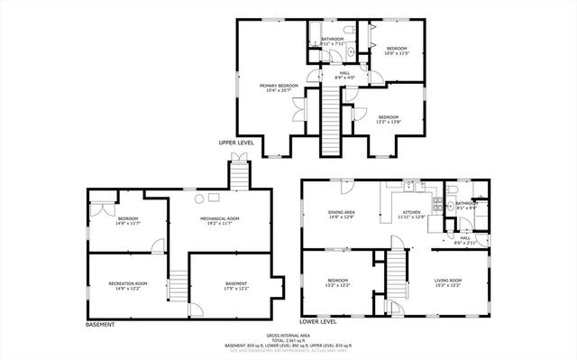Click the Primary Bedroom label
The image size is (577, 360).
(x=276, y=88)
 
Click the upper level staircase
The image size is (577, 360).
(x=331, y=123)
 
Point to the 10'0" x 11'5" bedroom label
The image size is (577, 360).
(x=398, y=51)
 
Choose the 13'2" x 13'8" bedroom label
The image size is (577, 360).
(x=389, y=119)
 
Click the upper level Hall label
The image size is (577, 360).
(x=344, y=76)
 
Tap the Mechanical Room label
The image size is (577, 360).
(x=219, y=219)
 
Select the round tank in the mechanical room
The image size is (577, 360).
(x=214, y=196)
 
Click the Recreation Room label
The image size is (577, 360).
(x=127, y=286)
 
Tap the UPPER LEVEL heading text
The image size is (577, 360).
(x=236, y=143)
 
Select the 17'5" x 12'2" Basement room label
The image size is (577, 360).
(x=237, y=286)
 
